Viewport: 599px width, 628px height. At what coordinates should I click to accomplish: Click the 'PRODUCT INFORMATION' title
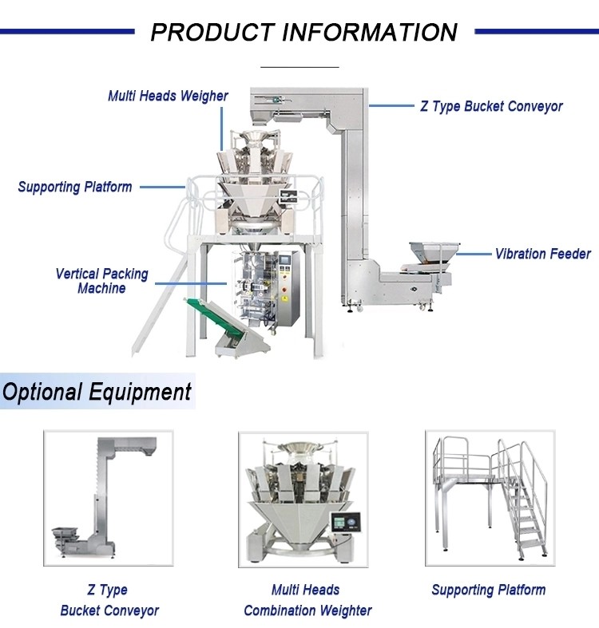pos(303,32)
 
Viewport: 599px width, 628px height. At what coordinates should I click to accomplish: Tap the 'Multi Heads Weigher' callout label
pos(168,96)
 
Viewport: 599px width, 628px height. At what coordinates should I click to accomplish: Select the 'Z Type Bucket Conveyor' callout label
pos(491,106)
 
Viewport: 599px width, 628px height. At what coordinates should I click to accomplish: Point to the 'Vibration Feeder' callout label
pos(542,254)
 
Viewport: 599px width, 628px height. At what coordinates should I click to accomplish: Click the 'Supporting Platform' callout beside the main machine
pos(75,187)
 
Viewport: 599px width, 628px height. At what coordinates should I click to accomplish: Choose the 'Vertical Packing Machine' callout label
pos(101,281)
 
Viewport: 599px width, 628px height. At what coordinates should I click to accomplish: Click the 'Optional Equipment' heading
pos(97,392)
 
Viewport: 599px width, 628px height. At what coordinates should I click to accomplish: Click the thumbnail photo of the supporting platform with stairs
pos(489,499)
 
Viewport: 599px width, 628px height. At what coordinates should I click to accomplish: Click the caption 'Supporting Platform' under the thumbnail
pos(489,590)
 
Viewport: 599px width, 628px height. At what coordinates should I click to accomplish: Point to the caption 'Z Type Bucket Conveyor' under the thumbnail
pos(109,600)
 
